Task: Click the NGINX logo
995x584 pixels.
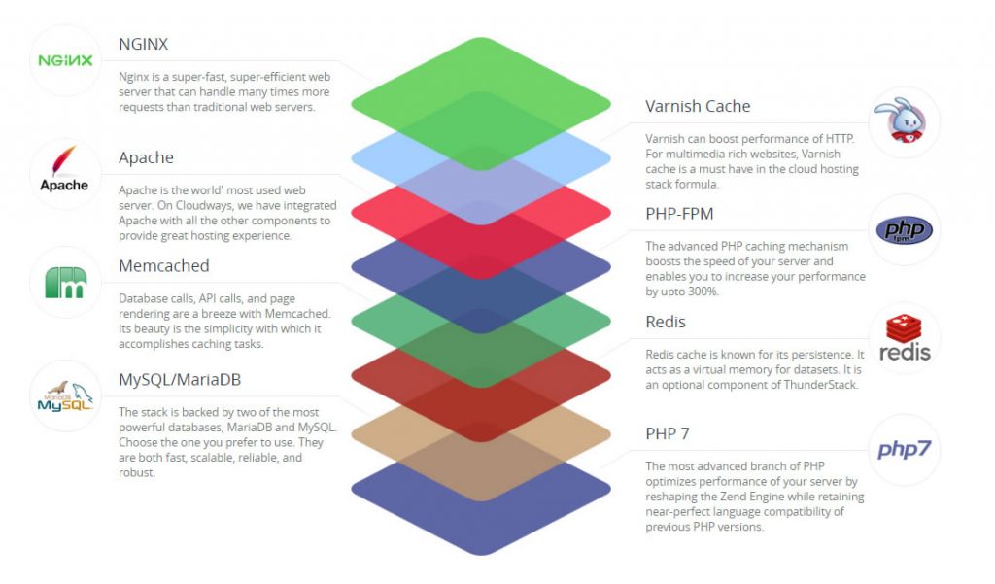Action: pyautogui.click(x=65, y=60)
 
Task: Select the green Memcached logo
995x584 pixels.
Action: pyautogui.click(x=66, y=283)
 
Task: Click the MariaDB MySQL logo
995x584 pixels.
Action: pyautogui.click(x=65, y=396)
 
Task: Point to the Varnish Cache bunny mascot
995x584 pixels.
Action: pyautogui.click(x=902, y=120)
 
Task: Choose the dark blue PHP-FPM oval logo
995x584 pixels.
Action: pyautogui.click(x=905, y=229)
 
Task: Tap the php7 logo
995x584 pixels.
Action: pyautogui.click(x=905, y=450)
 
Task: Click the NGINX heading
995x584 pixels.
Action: pyautogui.click(x=144, y=44)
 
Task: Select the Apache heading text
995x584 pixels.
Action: pyautogui.click(x=146, y=157)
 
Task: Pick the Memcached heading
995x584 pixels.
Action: pyautogui.click(x=163, y=265)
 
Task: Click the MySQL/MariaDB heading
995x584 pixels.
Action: pyautogui.click(x=180, y=380)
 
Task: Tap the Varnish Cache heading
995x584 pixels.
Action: pyautogui.click(x=698, y=106)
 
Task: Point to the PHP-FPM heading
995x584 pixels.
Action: pyautogui.click(x=679, y=214)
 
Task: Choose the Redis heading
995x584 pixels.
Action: pyautogui.click(x=666, y=322)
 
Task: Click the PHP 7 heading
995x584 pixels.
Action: pyautogui.click(x=668, y=433)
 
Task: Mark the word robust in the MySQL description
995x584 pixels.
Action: pyautogui.click(x=136, y=472)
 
